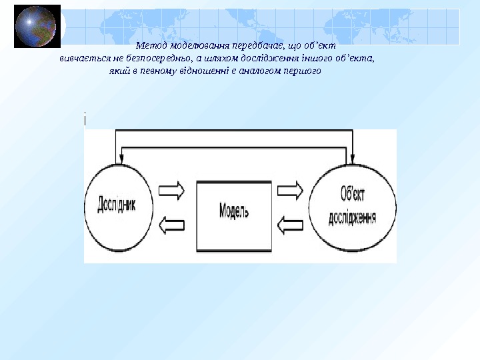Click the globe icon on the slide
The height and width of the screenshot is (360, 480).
click(x=37, y=26)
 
